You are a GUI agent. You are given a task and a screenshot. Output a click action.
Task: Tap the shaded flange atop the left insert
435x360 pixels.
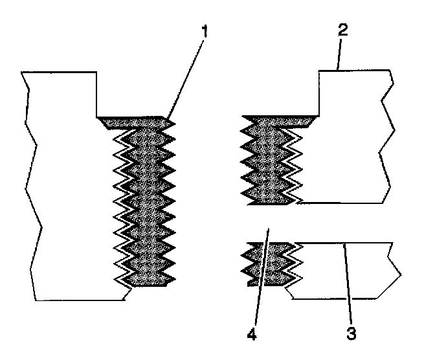(x=136, y=122)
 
